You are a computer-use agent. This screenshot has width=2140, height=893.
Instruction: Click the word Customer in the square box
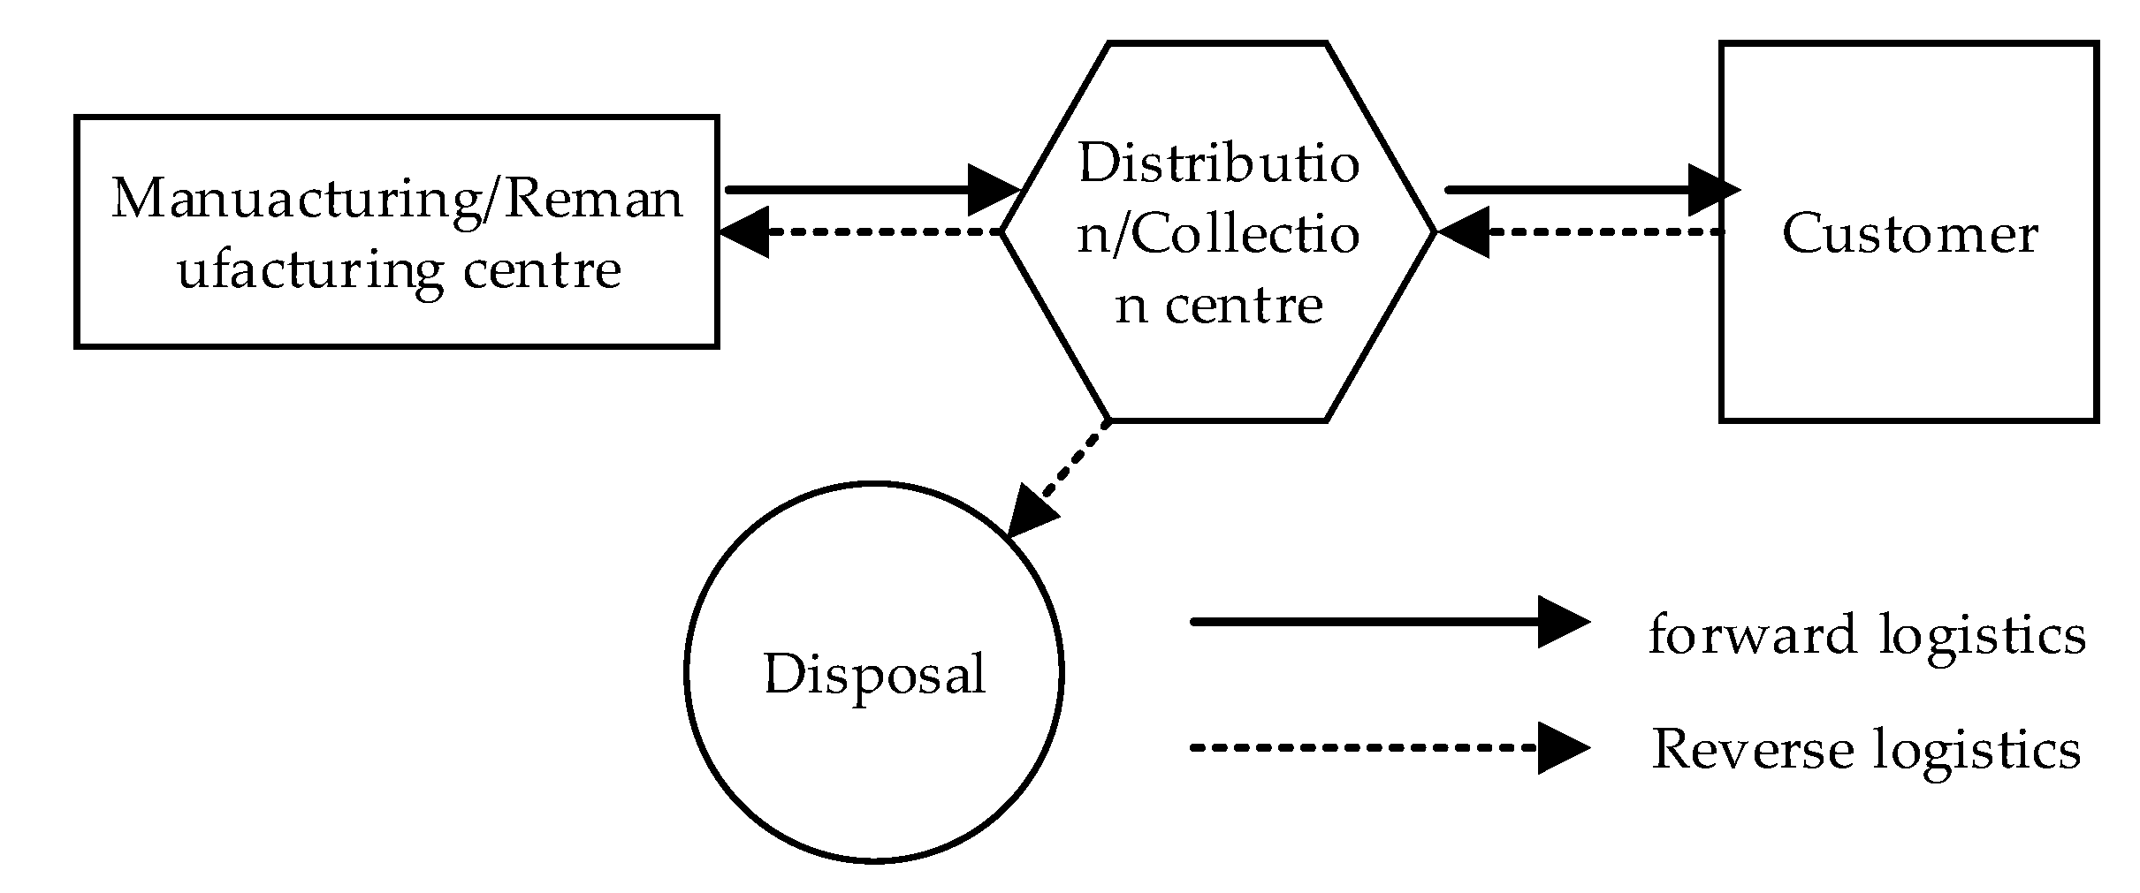tap(1908, 234)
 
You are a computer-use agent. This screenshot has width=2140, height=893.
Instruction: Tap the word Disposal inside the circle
tap(873, 675)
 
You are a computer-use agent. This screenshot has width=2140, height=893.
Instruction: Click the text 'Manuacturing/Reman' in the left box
tap(397, 198)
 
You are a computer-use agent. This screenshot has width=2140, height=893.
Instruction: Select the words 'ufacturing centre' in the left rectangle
tap(399, 269)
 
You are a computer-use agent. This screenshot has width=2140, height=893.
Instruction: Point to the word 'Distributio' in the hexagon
tap(1218, 163)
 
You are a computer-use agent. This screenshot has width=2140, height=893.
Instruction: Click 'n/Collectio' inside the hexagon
tap(1218, 234)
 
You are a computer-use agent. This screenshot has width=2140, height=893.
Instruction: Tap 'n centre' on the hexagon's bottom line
tap(1218, 305)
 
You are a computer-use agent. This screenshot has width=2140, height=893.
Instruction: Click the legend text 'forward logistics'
tap(1867, 634)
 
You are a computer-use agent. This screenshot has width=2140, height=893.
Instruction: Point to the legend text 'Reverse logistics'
tap(1865, 750)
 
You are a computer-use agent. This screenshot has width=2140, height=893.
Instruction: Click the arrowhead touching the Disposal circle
tap(1030, 514)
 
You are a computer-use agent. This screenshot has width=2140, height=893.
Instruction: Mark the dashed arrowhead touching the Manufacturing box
tap(744, 232)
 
